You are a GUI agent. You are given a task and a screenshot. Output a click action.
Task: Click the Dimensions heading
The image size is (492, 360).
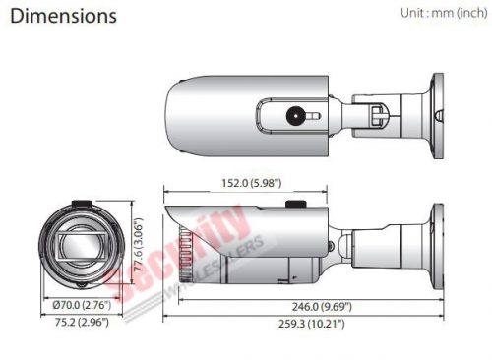point(63,16)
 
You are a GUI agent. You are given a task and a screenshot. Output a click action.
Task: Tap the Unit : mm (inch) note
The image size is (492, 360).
point(444,13)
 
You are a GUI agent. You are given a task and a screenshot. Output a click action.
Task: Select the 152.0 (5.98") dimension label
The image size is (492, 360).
point(252,183)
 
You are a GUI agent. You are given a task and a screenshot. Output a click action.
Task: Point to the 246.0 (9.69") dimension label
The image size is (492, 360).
point(322,307)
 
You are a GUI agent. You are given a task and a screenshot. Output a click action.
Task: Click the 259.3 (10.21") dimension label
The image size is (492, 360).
point(312,324)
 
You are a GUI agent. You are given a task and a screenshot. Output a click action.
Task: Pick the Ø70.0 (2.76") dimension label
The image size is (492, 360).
point(82,305)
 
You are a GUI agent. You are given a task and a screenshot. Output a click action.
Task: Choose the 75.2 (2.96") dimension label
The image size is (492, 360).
point(82,322)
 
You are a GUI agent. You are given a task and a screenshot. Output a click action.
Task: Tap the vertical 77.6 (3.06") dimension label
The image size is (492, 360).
point(139,245)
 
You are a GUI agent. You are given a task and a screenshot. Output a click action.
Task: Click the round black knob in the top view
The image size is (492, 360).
point(295,116)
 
